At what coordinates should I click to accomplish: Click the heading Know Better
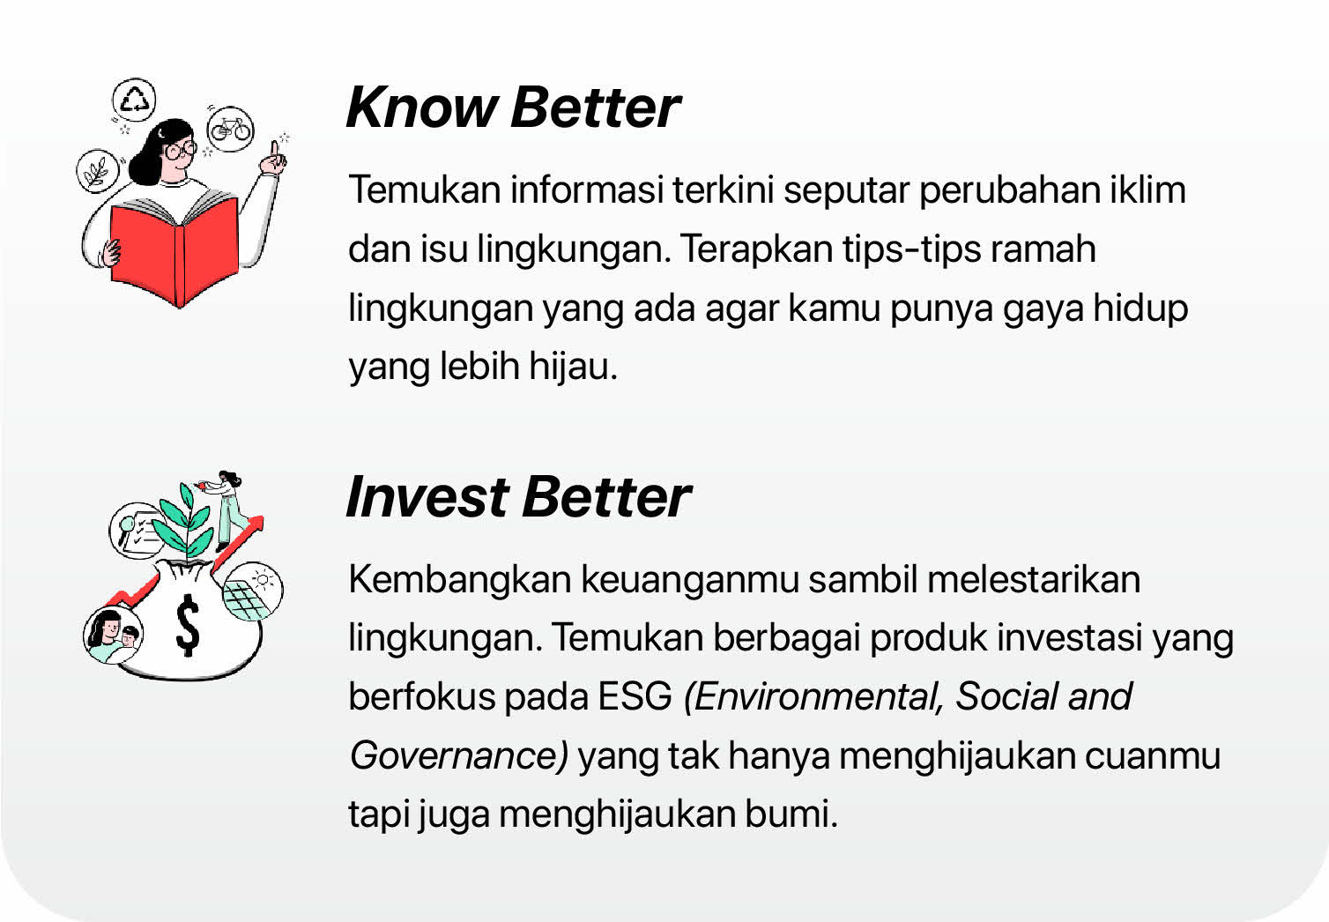(x=513, y=108)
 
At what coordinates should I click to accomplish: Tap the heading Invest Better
(x=518, y=497)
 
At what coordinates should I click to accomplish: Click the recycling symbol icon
(x=135, y=100)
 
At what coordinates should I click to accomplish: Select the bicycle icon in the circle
(x=230, y=129)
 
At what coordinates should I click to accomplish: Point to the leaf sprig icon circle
(x=98, y=171)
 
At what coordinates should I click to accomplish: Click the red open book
(x=175, y=249)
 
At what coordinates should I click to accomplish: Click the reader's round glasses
(x=179, y=150)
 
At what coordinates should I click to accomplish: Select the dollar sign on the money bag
(x=188, y=625)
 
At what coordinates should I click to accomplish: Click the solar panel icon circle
(x=253, y=591)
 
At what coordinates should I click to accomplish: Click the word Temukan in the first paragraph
(x=425, y=190)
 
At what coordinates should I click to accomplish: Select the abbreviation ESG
(x=635, y=696)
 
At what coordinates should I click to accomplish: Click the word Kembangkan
(x=460, y=580)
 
